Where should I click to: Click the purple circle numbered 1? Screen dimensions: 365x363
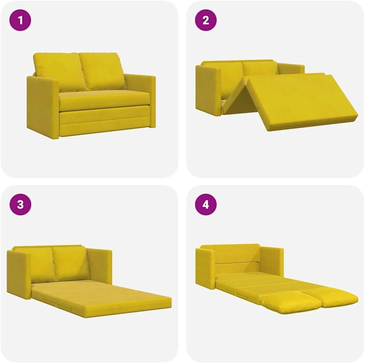[20, 20]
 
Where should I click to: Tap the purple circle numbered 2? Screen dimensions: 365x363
[206, 20]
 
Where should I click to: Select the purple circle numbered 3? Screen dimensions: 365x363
[20, 204]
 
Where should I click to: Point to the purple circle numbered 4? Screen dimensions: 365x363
[206, 204]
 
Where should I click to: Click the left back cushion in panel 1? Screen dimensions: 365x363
[60, 72]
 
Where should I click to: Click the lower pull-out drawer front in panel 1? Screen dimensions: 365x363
[105, 121]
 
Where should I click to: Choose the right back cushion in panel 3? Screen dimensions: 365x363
[71, 264]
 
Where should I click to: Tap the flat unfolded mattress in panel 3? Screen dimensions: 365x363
[101, 298]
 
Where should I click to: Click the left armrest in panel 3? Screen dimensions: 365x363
[19, 274]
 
